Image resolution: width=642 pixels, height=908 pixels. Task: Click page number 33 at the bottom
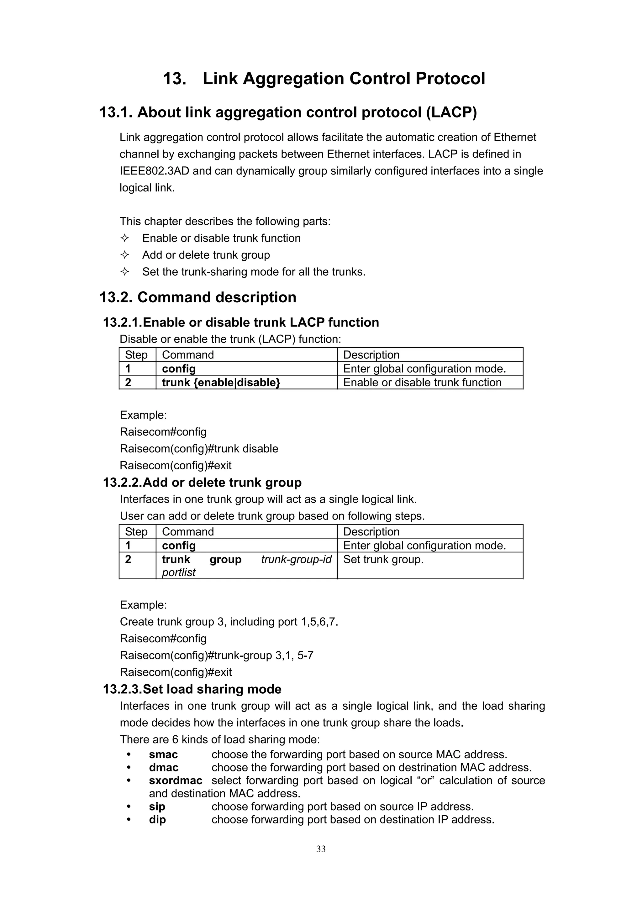321,849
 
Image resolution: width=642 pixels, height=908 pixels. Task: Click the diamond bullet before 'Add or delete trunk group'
124,255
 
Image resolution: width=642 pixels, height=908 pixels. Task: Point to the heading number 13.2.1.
122,322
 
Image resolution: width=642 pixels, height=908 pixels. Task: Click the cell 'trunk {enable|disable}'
221,383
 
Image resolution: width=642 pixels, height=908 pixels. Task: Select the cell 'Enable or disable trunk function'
422,383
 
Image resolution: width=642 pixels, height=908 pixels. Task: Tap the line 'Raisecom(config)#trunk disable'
199,448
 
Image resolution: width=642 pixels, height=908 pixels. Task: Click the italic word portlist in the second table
178,572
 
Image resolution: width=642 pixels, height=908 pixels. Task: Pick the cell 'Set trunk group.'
383,559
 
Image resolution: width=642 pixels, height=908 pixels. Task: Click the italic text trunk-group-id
296,559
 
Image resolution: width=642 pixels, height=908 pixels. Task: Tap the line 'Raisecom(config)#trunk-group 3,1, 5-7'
216,655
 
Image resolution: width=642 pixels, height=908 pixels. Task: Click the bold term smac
163,754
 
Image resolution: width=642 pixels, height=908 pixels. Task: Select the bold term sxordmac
175,780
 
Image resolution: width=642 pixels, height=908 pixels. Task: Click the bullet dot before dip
129,819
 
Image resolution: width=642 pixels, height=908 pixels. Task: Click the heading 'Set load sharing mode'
212,689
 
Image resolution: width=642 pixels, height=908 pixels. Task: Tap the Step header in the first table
136,355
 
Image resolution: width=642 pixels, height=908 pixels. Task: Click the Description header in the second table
371,531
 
